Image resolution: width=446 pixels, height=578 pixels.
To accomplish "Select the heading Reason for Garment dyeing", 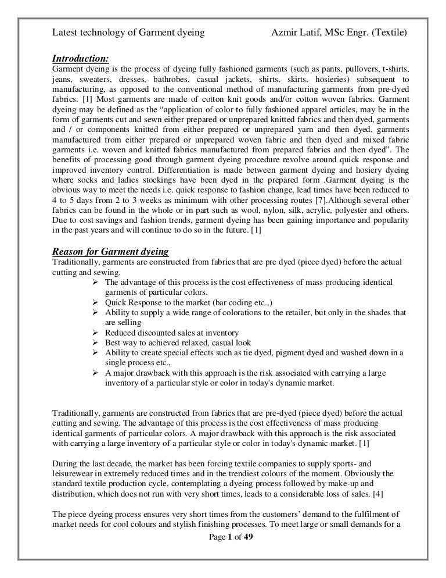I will [110, 251].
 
